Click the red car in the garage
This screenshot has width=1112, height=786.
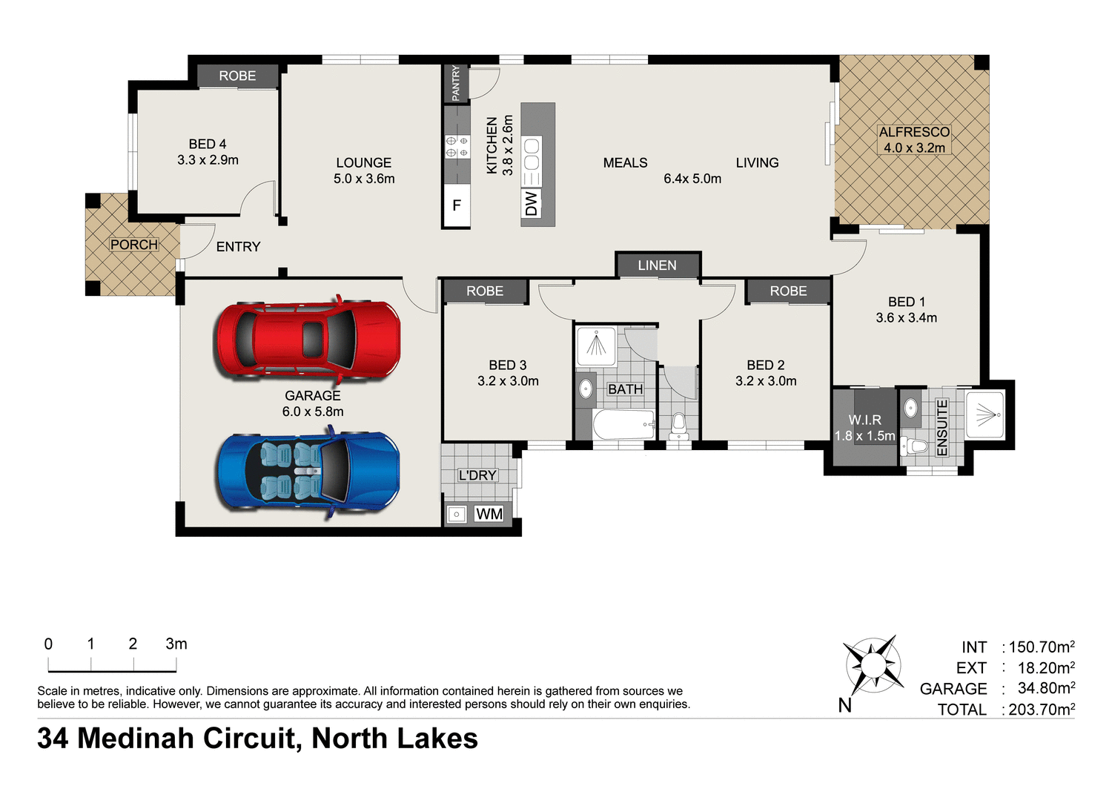(x=308, y=340)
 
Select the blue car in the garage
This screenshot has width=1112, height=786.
(x=308, y=475)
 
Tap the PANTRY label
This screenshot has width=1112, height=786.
(x=456, y=83)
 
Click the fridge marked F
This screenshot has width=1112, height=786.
(x=457, y=205)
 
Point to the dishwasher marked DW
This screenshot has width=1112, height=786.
(x=531, y=203)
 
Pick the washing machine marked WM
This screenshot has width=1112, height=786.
(x=489, y=514)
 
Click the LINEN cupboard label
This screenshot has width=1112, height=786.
(x=657, y=265)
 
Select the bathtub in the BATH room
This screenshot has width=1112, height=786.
(x=623, y=425)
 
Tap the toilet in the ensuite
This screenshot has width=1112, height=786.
(x=916, y=446)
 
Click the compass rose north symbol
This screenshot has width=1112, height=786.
(x=873, y=664)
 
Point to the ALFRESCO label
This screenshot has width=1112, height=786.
(x=914, y=132)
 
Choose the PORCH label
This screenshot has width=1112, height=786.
(x=133, y=245)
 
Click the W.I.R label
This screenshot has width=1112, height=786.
(x=864, y=420)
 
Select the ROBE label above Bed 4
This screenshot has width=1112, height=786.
(x=237, y=76)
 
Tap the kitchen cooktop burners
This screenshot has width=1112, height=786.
(x=457, y=146)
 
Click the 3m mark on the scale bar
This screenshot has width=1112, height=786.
(x=176, y=644)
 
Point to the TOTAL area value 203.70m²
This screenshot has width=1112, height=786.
(x=1042, y=710)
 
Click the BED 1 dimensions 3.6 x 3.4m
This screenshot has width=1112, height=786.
(x=906, y=318)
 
